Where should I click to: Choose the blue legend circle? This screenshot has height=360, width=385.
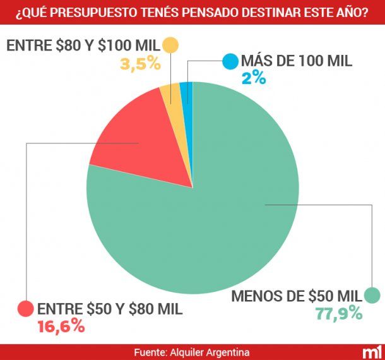point(230,62)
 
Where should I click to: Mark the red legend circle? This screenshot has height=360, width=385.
point(26,309)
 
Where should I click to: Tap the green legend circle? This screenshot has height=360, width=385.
point(372,295)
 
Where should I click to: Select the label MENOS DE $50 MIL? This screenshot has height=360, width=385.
point(297,296)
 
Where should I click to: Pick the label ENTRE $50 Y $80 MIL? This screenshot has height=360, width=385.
point(110,309)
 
